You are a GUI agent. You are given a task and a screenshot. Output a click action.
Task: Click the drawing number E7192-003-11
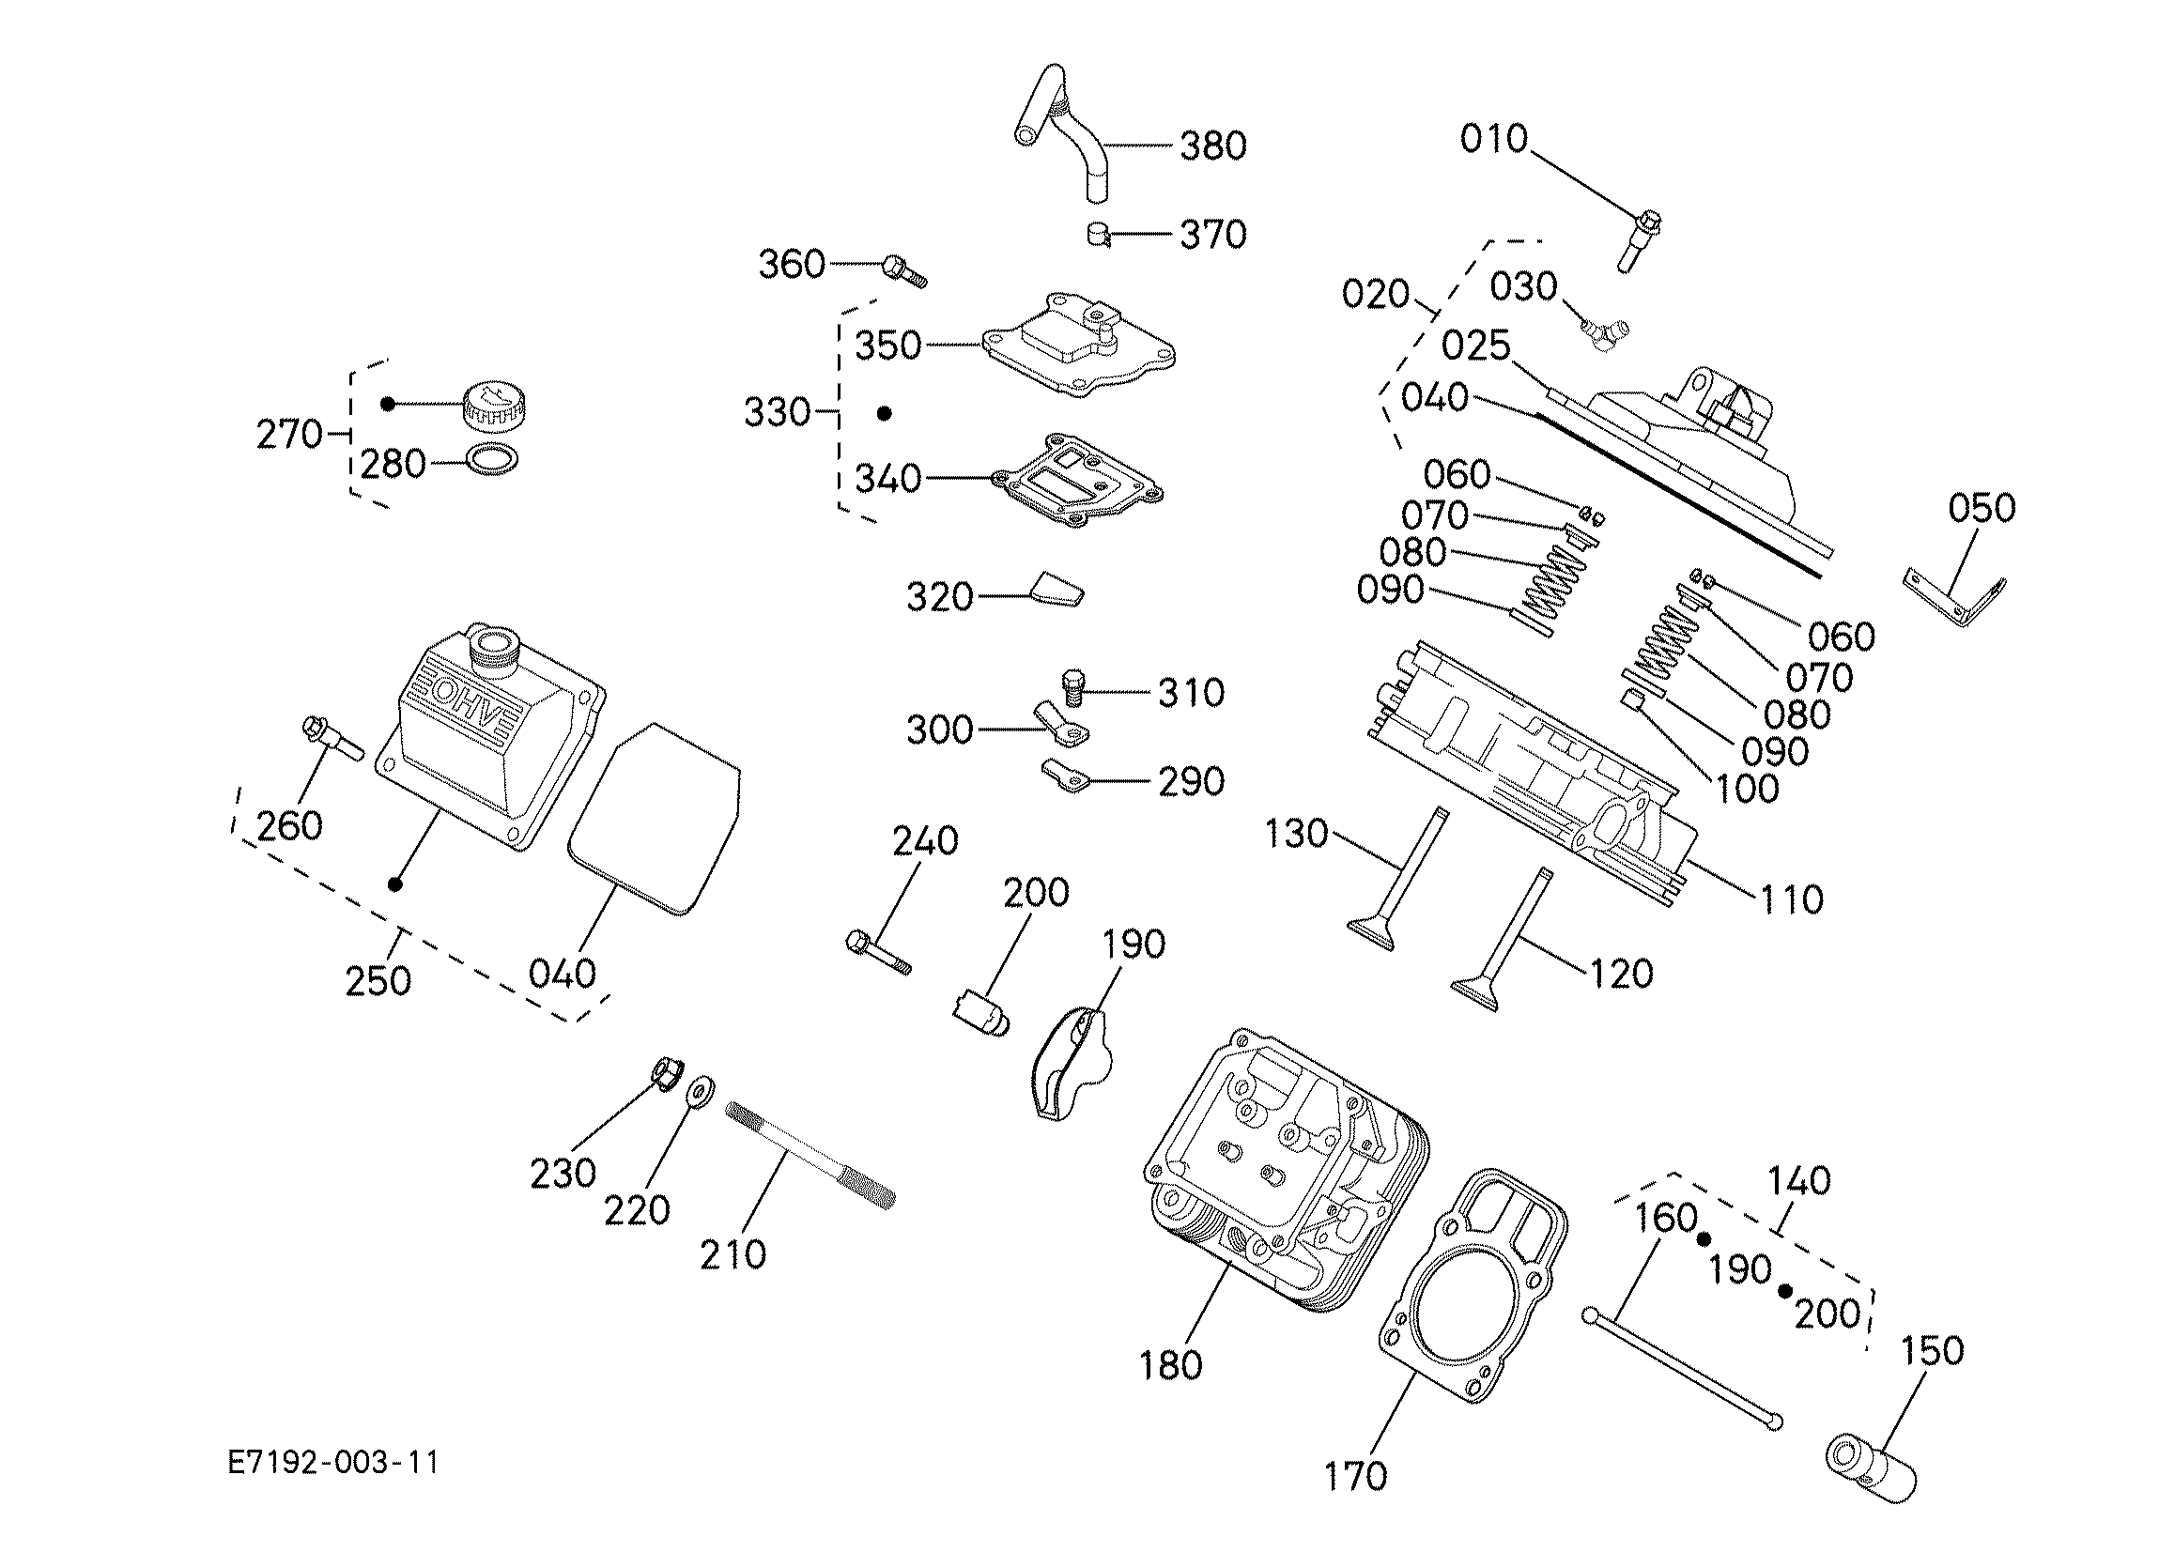(333, 1462)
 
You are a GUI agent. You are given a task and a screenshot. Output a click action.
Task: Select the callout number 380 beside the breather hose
(1212, 146)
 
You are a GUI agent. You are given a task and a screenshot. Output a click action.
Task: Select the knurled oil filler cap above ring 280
(495, 406)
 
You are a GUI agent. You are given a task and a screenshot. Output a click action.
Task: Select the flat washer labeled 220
(702, 1091)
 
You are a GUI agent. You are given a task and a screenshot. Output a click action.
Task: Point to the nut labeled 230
(667, 1074)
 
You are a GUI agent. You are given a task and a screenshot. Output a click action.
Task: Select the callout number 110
(1792, 899)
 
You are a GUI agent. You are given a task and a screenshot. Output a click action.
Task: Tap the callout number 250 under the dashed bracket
(378, 980)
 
